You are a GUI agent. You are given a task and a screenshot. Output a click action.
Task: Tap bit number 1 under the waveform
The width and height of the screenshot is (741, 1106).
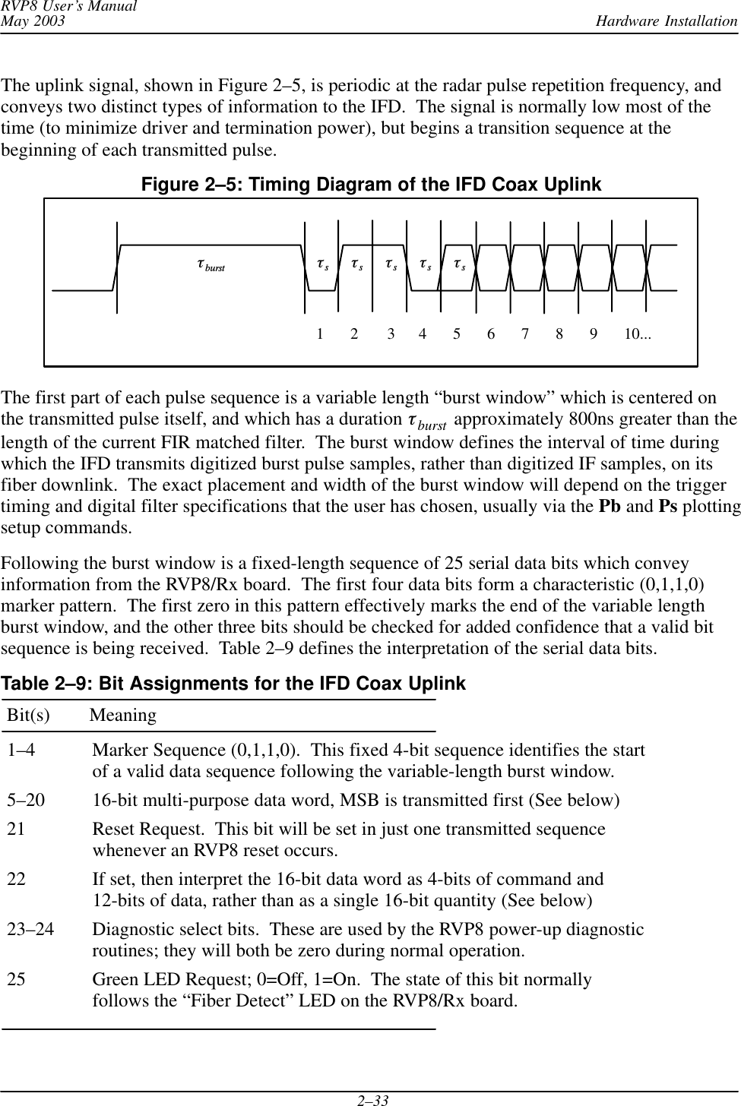pyautogui.click(x=321, y=333)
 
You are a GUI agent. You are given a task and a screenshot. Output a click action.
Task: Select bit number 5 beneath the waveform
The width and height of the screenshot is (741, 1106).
pyautogui.click(x=457, y=333)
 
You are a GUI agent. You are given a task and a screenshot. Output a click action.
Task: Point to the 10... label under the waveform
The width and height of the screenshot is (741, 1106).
pyautogui.click(x=638, y=333)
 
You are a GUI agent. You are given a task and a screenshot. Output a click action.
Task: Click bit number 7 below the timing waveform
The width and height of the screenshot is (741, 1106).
pyautogui.click(x=524, y=333)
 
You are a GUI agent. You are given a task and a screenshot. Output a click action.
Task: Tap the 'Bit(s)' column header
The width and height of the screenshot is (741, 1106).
pyautogui.click(x=29, y=716)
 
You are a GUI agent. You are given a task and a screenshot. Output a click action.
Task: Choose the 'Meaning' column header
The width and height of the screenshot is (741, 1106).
pyautogui.click(x=123, y=716)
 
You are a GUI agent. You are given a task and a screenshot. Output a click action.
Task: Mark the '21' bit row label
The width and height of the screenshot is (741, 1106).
pyautogui.click(x=16, y=829)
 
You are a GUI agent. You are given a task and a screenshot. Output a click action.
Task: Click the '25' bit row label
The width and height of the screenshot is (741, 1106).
pyautogui.click(x=16, y=980)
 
